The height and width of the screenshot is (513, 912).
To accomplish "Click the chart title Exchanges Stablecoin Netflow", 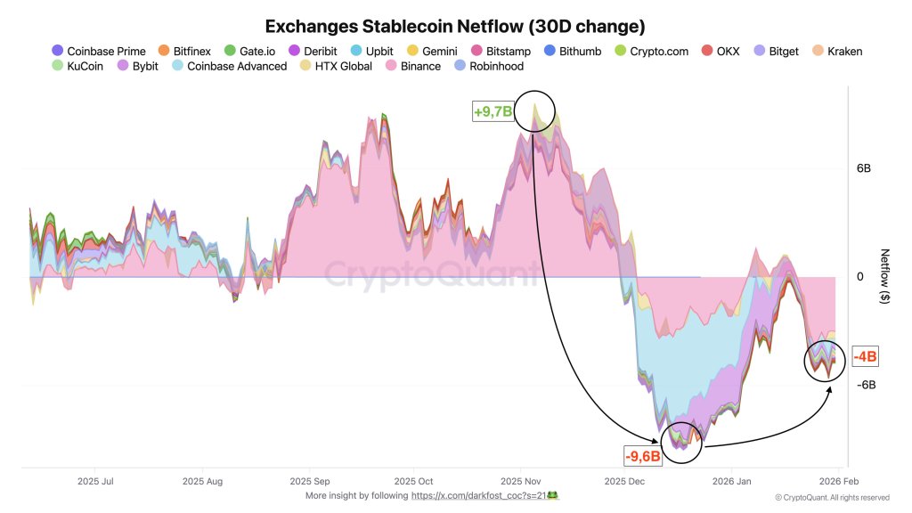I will (x=455, y=27).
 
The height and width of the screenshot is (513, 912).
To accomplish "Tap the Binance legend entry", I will (x=413, y=66).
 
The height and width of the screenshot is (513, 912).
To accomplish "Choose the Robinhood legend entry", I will (x=487, y=66).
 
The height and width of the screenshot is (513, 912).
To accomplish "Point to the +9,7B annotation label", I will (x=493, y=112).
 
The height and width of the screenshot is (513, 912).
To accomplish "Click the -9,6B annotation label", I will (x=641, y=456).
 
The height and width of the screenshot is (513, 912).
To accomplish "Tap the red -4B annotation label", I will (x=865, y=357).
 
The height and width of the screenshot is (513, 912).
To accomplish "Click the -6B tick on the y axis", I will (x=865, y=385).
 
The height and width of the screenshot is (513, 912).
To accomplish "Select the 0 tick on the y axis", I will (x=860, y=277).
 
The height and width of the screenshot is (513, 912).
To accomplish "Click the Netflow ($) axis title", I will (x=884, y=277).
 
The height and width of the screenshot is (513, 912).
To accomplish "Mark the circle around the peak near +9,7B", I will (x=534, y=110).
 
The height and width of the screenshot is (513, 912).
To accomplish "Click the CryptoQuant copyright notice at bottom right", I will (x=832, y=497).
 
